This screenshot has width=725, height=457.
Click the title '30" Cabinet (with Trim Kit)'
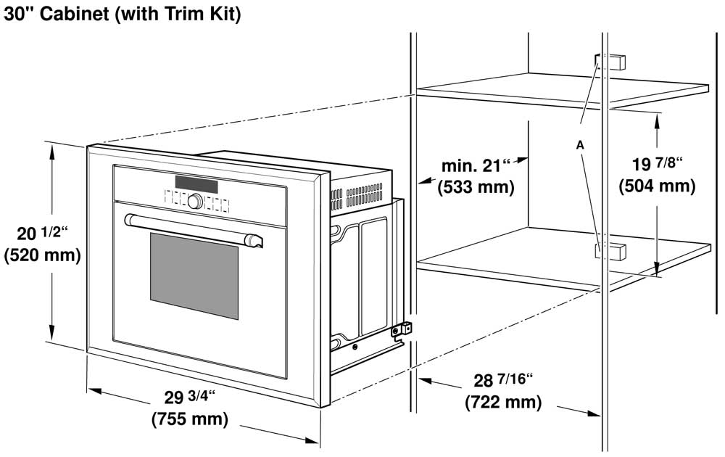[122, 13]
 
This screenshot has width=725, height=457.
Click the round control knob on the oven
[194, 201]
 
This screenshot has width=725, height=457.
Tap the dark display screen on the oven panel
[196, 185]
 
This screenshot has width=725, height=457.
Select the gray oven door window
[194, 276]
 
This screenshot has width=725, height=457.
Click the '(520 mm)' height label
[42, 255]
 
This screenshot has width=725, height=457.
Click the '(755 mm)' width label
[190, 419]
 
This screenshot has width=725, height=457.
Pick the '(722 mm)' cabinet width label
[503, 401]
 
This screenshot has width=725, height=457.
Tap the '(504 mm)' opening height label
[657, 186]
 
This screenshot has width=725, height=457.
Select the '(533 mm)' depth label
[476, 187]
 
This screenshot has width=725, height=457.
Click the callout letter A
[580, 145]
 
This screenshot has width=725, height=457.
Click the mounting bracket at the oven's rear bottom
[402, 330]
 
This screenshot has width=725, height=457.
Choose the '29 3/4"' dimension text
[190, 398]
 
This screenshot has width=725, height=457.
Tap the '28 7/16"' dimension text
[503, 380]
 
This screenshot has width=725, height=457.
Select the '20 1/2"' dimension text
[42, 234]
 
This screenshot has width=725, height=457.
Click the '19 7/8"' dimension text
[657, 164]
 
